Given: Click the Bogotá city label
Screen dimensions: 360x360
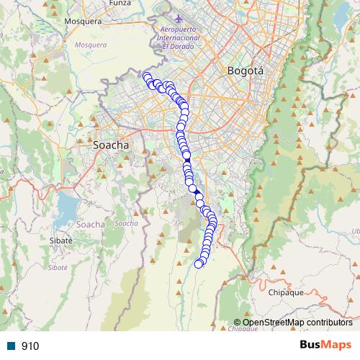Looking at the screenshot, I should pyautogui.click(x=246, y=71).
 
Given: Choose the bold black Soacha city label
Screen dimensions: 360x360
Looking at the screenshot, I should pyautogui.click(x=112, y=145).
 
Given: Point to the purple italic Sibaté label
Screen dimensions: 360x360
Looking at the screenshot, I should pyautogui.click(x=57, y=266).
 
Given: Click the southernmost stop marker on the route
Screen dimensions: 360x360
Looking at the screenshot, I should pyautogui.click(x=199, y=264).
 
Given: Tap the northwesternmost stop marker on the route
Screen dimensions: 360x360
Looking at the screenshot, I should pyautogui.click(x=147, y=76).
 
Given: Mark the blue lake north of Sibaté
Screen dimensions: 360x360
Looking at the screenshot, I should pyautogui.click(x=66, y=209).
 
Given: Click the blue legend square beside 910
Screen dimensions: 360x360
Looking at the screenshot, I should pyautogui.click(x=12, y=346).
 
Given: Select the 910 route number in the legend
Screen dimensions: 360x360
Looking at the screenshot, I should pyautogui.click(x=30, y=346).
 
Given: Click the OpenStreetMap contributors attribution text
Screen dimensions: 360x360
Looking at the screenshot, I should pyautogui.click(x=297, y=323).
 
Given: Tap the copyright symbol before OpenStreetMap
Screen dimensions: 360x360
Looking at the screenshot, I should pyautogui.click(x=238, y=323).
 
